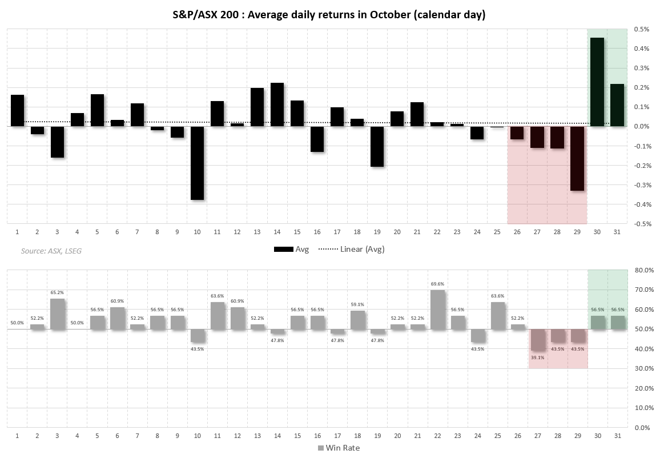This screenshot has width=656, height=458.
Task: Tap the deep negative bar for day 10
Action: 197,163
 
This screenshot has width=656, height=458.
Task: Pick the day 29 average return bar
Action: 577,158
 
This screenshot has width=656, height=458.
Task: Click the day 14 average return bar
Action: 277,105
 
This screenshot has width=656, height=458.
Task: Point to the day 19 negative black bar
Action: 377,146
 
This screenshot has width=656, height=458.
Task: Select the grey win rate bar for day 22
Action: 437,310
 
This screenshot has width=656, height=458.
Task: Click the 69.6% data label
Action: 437,283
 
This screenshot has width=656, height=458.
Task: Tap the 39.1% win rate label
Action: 537,357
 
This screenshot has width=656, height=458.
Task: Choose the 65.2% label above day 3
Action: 57,292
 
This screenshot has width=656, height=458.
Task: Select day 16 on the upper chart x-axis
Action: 317,232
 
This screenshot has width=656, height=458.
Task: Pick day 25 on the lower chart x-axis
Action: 497,436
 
